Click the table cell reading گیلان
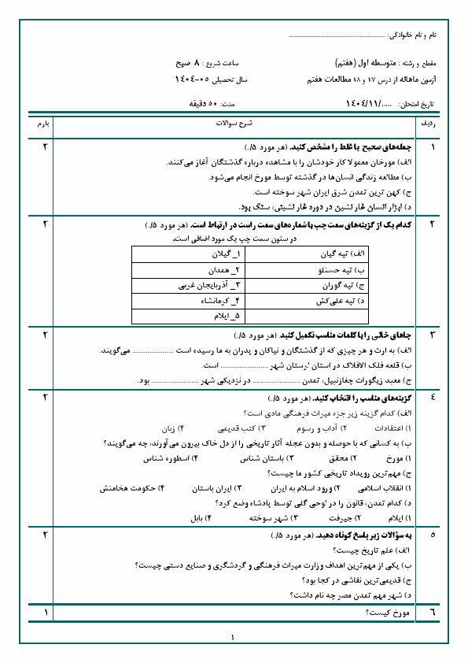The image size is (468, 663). pos(189,255)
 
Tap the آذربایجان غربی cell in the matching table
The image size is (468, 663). pos(189,285)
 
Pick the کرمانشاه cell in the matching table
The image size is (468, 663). pos(189,300)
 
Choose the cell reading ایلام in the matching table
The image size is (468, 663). pos(189,315)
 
